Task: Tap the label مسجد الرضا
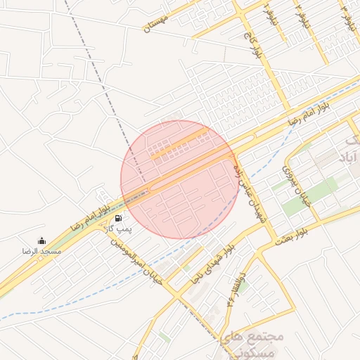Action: (41, 251)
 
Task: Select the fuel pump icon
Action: (116, 218)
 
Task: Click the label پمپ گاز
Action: (118, 229)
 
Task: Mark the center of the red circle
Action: (179, 179)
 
